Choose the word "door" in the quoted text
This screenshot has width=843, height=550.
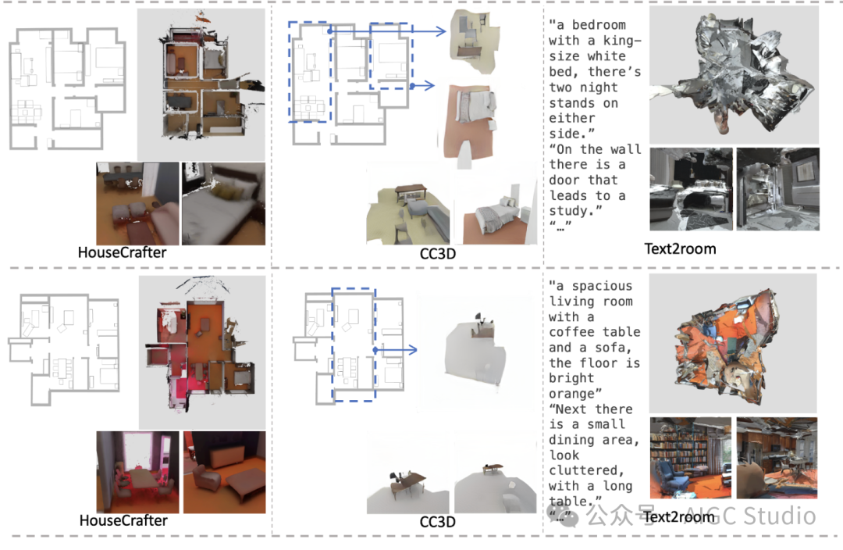coord(564,180)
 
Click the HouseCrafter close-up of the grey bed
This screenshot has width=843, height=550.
coord(223,202)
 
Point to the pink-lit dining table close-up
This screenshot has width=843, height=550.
coord(137,471)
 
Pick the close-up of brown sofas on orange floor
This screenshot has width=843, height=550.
coord(224,471)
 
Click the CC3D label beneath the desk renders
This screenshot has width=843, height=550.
coord(438,521)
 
